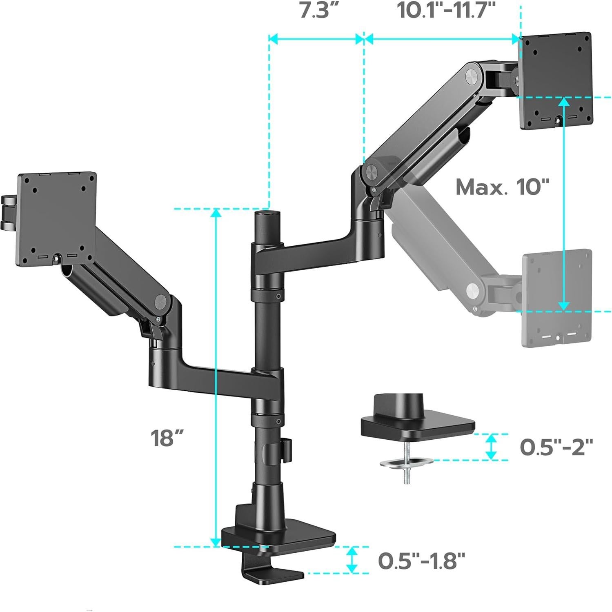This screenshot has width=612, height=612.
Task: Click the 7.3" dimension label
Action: tap(314, 11)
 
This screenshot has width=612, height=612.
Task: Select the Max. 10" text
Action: tap(502, 187)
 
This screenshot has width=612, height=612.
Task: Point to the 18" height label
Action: tap(167, 438)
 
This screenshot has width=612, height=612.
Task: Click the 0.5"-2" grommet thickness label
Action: tap(556, 447)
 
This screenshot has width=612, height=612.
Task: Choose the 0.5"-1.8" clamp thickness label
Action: tap(421, 561)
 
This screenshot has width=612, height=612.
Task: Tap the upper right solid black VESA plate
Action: tap(556, 81)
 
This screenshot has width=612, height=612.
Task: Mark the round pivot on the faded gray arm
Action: tap(474, 291)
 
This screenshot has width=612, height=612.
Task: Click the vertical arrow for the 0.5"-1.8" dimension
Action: tap(352, 559)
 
